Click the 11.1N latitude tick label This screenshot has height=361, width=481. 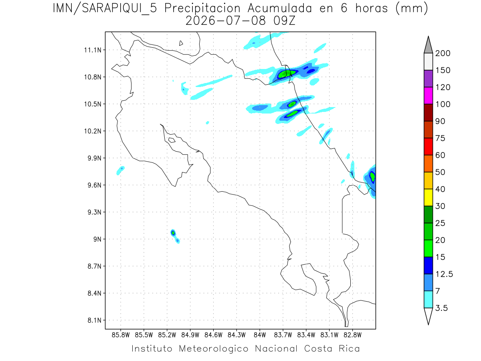pos(93,50)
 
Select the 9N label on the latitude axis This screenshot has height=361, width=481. pos(97,239)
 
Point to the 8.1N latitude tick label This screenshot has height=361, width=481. pos(95,320)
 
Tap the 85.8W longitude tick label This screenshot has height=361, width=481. pos(121,335)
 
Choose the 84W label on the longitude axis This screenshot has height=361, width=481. pos(260,335)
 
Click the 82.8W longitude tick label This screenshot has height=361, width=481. pos(352,335)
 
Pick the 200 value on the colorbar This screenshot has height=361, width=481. pos(443,53)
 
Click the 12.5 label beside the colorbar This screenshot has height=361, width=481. pos(444,274)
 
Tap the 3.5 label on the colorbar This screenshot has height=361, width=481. pos(441,308)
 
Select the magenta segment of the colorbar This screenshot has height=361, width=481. pos(428,95)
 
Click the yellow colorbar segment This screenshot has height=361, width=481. pos(428,197)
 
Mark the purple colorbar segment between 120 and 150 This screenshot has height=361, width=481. pos(428,79)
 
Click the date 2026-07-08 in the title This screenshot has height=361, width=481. pos(226,21)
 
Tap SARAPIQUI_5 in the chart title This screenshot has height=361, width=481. pos(119,8)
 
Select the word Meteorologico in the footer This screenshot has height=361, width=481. pos(214,349)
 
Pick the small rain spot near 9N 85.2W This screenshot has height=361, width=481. pos(173,233)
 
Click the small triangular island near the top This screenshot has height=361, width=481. pos(181,43)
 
